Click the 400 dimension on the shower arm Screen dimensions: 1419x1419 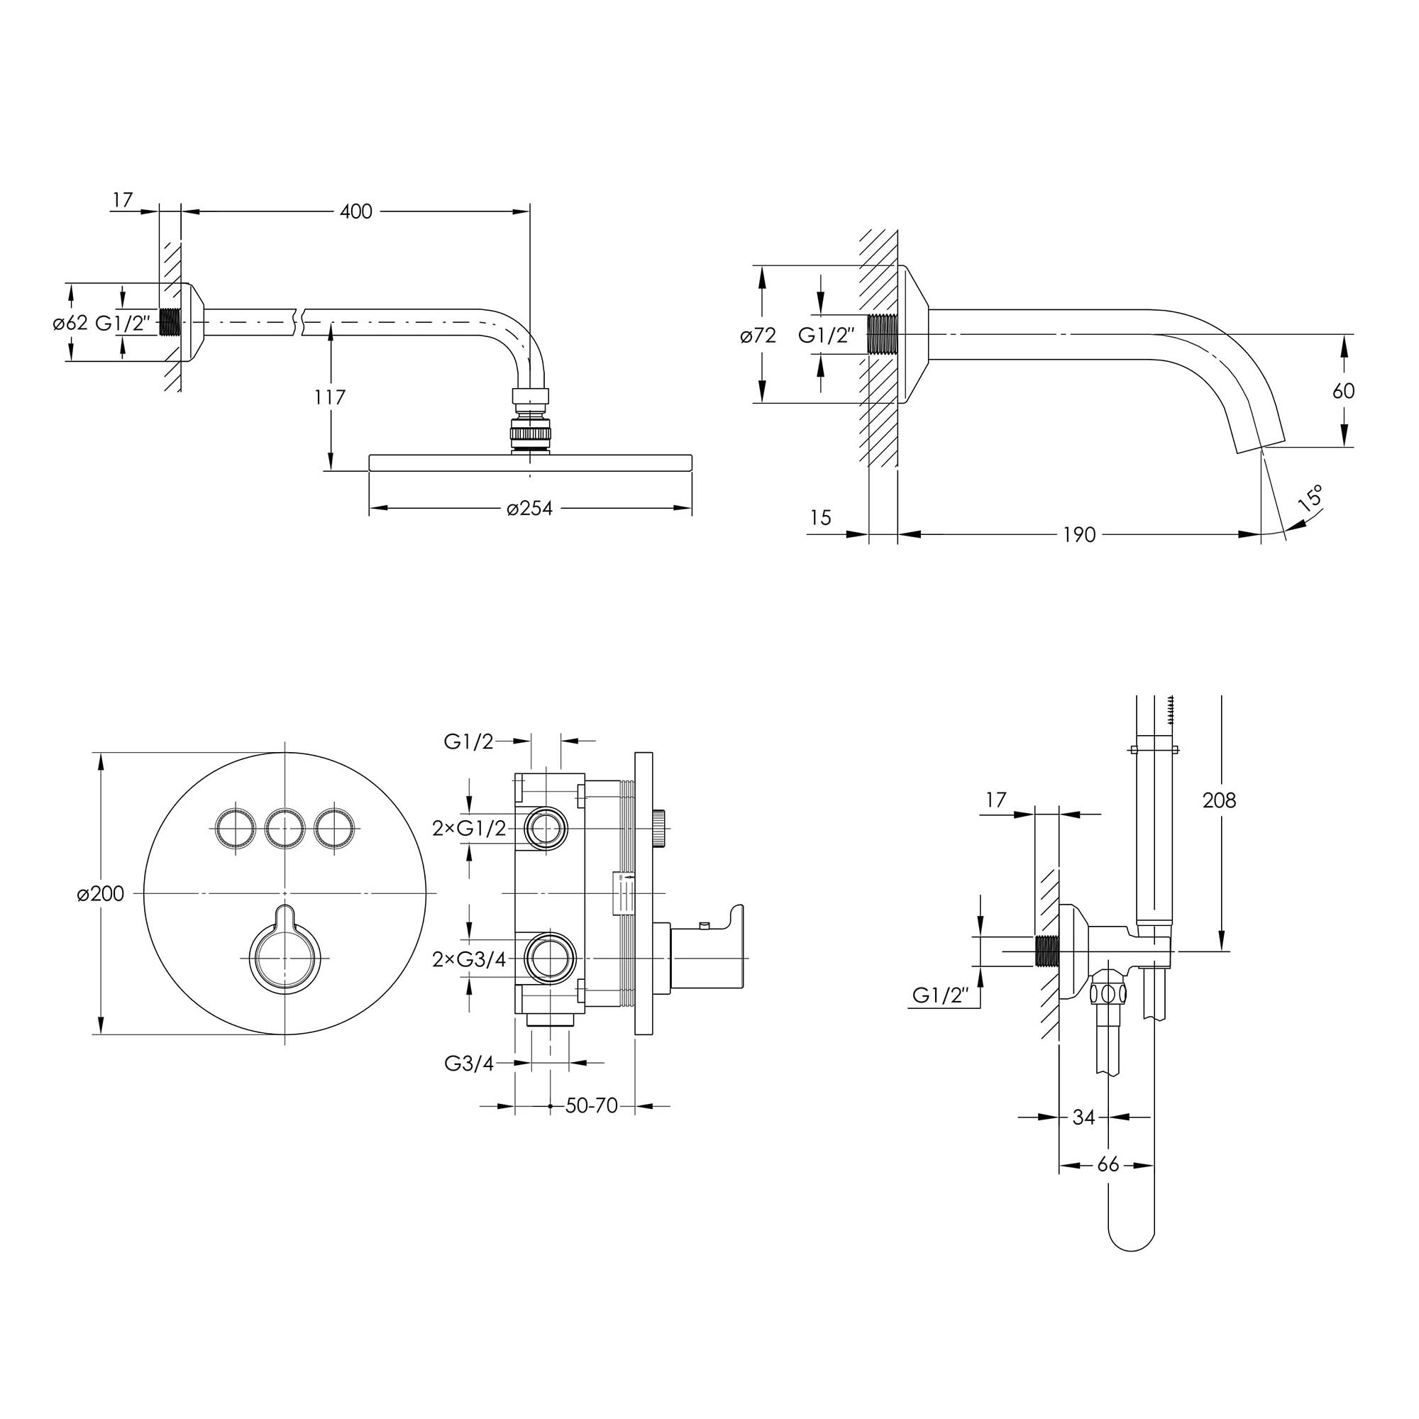point(356,211)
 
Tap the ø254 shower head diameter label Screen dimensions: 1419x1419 point(529,507)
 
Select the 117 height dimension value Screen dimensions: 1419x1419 point(330,397)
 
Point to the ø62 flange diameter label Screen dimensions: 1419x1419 point(70,322)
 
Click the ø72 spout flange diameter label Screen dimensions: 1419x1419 point(758,336)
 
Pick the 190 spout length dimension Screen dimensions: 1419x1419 point(1079,535)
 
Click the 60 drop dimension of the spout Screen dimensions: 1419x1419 point(1343,391)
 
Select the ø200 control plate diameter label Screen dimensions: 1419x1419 point(101,894)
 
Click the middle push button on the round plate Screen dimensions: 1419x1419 point(285,830)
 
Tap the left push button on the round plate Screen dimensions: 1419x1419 point(236,830)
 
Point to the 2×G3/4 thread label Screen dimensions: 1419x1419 point(469,959)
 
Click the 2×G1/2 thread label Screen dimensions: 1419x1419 point(469,829)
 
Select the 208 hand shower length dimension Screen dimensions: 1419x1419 point(1219,800)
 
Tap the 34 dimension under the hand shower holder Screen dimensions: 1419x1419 point(1083,1117)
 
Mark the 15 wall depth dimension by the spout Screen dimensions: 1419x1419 point(820,518)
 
